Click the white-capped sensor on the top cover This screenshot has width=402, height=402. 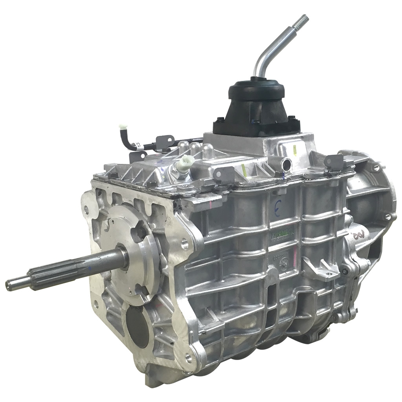[x=183, y=162]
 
